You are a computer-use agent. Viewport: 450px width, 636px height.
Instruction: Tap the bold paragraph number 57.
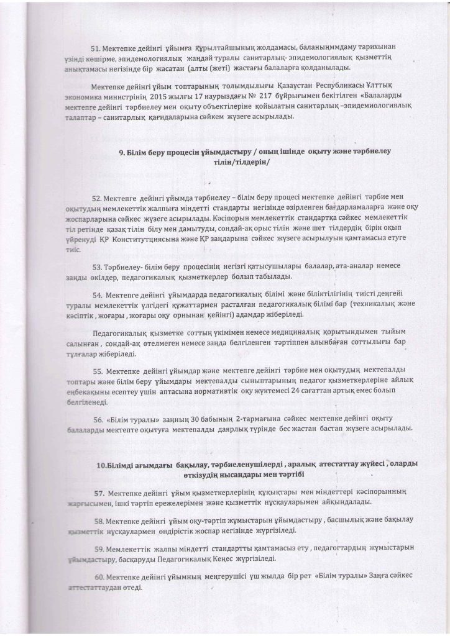coord(97,492)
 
